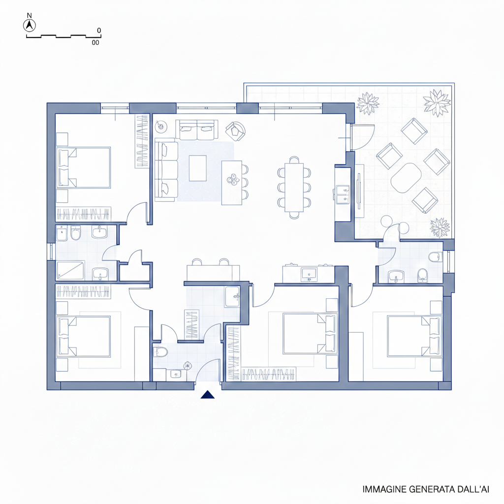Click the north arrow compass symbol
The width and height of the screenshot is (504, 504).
[30, 25]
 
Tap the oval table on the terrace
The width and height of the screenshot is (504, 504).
[406, 178]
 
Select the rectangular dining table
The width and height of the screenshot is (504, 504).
[294, 188]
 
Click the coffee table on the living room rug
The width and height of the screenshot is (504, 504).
[198, 168]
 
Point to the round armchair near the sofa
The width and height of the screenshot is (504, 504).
[236, 131]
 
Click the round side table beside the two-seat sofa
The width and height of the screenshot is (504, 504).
[160, 126]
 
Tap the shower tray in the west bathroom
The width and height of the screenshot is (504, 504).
[70, 271]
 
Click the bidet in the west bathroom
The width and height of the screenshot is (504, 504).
[62, 233]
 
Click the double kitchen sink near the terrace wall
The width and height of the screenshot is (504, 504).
[342, 195]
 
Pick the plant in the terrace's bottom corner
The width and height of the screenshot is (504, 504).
[440, 227]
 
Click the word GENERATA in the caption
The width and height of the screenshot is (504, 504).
[429, 489]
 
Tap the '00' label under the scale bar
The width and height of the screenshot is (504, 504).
[95, 42]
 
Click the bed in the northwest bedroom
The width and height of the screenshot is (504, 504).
[84, 167]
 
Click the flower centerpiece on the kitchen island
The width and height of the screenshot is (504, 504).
[233, 180]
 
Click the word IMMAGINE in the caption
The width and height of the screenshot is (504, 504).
[384, 489]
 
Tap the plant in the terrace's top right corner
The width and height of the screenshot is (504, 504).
[437, 102]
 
